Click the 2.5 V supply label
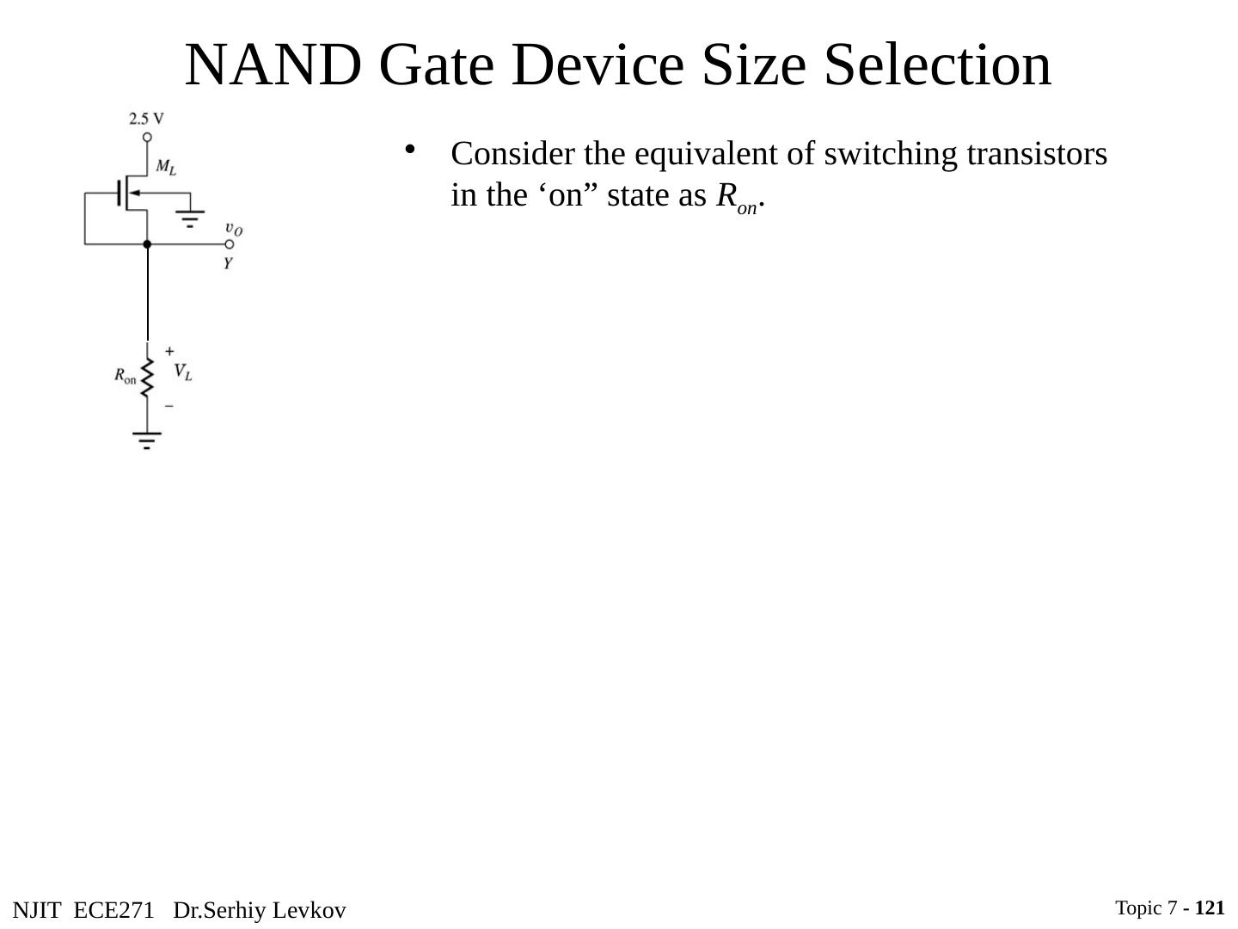point(146,118)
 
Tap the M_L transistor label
point(166,167)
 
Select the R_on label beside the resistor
point(126,376)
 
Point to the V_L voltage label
point(183,372)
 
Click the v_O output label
point(233,229)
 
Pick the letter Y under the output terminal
point(228,264)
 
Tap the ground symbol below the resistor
point(147,441)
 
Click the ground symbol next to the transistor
point(190,217)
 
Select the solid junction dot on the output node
point(147,244)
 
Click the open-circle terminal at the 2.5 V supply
point(147,137)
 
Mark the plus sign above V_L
point(169,351)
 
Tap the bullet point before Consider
point(410,150)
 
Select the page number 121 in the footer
point(1209,907)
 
